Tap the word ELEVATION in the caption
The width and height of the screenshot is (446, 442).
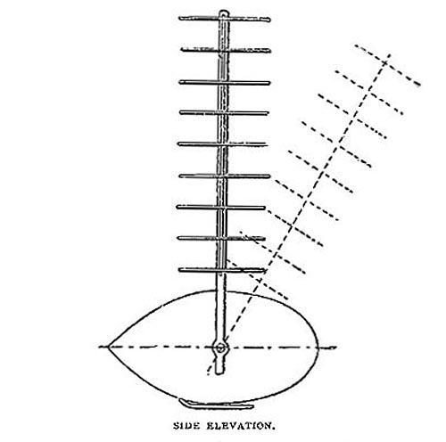[240, 426]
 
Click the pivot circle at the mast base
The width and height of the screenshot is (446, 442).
[220, 348]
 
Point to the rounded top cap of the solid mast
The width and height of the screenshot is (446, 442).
[224, 12]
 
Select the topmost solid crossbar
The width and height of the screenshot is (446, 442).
[225, 19]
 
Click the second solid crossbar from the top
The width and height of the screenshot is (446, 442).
[226, 50]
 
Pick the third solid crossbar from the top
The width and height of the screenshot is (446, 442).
[225, 82]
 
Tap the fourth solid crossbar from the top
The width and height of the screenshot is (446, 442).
[224, 112]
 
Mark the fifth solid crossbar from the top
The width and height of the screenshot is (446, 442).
[222, 144]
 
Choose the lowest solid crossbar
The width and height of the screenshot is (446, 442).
[222, 270]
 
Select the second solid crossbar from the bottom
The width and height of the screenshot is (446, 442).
[221, 238]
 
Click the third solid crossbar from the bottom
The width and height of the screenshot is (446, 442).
[220, 207]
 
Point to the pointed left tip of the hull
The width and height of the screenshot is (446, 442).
[108, 347]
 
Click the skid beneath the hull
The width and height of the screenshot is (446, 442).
[216, 405]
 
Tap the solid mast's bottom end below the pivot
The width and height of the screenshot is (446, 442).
[219, 372]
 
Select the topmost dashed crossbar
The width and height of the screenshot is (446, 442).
[387, 65]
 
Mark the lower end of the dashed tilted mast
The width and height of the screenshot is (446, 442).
[208, 373]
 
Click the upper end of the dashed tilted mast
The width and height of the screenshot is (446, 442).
[390, 54]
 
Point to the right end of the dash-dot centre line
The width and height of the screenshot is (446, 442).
[336, 347]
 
